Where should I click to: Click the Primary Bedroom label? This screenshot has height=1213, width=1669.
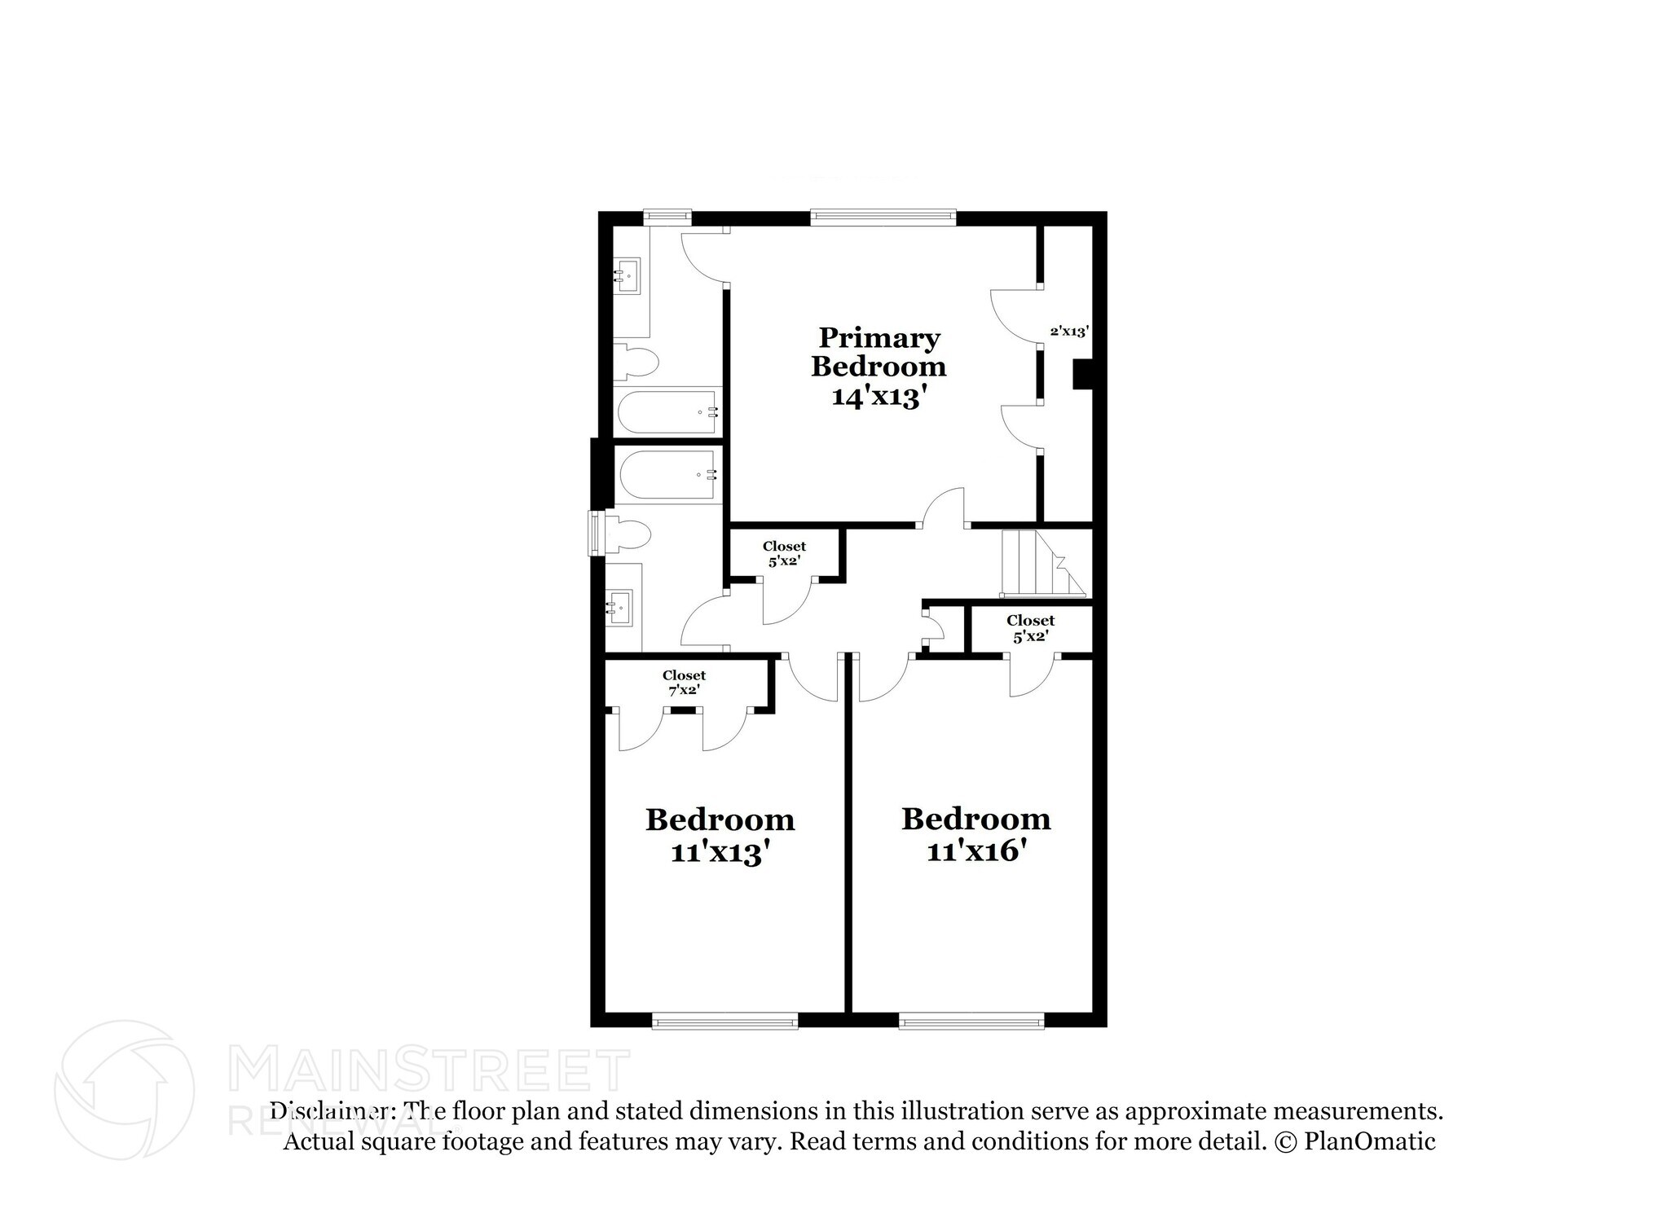point(878,352)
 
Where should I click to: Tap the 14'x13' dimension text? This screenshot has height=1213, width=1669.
point(879,397)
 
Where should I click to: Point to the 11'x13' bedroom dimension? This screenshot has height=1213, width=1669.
point(720,853)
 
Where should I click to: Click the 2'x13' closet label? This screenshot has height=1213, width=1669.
point(1069,332)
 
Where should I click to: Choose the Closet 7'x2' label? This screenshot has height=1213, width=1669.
point(684,683)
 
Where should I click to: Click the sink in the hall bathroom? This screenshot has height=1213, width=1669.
point(620,607)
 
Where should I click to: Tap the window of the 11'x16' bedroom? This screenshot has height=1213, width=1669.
point(971,1021)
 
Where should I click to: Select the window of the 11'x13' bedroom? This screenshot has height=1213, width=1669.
point(724,1021)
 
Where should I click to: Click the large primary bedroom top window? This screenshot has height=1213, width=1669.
point(883,217)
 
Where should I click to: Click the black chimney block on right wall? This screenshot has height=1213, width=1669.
point(1082,374)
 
